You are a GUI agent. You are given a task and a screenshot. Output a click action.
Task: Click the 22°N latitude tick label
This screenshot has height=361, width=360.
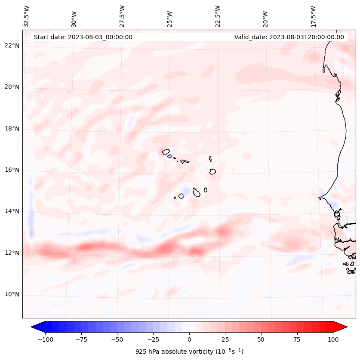(12, 46)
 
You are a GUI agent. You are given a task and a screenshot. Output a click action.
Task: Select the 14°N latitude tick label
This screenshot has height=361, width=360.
(12, 212)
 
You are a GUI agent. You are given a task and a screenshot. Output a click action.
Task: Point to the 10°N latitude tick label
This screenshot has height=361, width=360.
(12, 295)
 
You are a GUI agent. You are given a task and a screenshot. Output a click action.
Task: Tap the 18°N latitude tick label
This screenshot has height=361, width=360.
(12, 129)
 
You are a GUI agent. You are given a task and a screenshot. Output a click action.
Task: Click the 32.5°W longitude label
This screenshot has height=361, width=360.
(27, 16)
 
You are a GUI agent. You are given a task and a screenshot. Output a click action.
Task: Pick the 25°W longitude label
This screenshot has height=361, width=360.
(170, 16)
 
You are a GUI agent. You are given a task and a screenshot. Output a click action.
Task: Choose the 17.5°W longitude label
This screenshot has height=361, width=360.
(313, 16)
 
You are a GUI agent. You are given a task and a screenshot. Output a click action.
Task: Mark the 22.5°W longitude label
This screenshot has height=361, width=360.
(218, 16)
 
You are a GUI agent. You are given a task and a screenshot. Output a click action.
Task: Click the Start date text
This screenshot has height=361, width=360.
(83, 37)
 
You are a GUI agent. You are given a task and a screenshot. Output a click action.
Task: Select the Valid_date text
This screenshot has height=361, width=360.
(289, 37)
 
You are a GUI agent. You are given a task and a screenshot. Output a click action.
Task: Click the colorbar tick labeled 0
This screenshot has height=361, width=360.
(189, 339)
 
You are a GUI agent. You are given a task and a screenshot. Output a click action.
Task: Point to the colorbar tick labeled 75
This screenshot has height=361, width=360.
(297, 339)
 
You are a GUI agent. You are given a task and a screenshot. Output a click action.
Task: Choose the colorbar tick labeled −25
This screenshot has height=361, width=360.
(153, 339)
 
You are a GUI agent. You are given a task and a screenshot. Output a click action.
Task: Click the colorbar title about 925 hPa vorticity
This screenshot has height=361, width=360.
(189, 352)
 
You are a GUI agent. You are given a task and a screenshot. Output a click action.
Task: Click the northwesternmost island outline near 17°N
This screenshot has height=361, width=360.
(166, 152)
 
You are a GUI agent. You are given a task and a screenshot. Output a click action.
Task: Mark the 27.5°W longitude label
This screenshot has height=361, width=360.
(122, 16)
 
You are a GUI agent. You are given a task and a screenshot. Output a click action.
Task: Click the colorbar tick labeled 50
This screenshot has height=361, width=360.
(261, 339)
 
